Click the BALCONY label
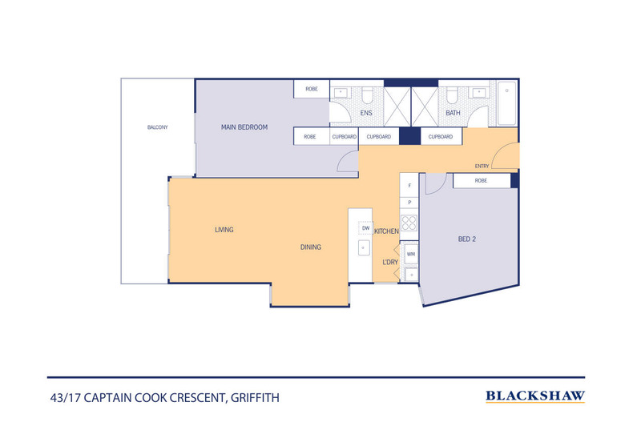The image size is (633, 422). pyautogui.click(x=156, y=127)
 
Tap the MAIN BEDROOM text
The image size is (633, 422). pyautogui.click(x=244, y=127)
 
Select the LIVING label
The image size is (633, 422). pyautogui.click(x=224, y=230)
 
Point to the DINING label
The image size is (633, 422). pyautogui.click(x=311, y=247)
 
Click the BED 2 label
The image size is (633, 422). pyautogui.click(x=467, y=239)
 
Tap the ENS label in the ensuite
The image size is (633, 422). pyautogui.click(x=366, y=114)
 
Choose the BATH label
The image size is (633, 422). pyautogui.click(x=453, y=114)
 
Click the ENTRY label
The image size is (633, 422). pyautogui.click(x=482, y=167)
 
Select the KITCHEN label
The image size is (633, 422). pyautogui.click(x=386, y=231)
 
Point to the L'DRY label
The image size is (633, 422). pyautogui.click(x=390, y=262)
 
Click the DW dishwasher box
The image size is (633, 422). pyautogui.click(x=365, y=228)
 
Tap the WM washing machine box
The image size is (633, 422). pyautogui.click(x=410, y=254)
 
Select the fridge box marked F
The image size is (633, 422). pyautogui.click(x=409, y=186)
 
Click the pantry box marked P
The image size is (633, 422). pyautogui.click(x=409, y=203)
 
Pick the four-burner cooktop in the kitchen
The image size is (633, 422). pyautogui.click(x=409, y=223)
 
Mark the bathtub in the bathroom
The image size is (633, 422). pyautogui.click(x=507, y=103)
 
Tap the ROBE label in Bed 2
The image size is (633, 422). pyautogui.click(x=481, y=181)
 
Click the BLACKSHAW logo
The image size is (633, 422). pyautogui.click(x=535, y=396)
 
